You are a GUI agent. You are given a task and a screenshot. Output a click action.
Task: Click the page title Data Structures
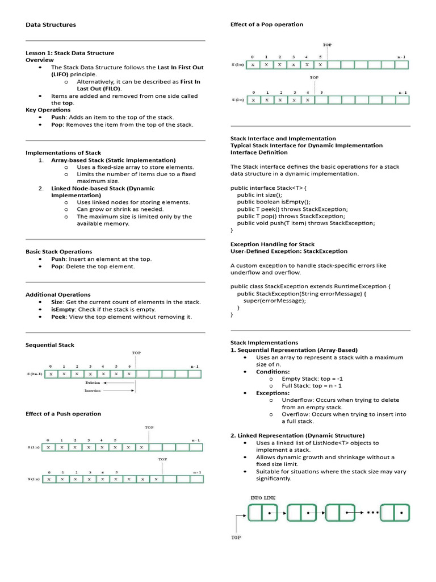(51, 25)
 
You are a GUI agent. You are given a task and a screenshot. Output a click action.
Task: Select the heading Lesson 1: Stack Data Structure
(70, 53)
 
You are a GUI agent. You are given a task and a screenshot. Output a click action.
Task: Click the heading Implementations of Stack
(64, 153)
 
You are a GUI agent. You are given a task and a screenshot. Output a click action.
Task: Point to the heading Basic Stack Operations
(59, 251)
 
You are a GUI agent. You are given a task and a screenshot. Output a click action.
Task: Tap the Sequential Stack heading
(50, 345)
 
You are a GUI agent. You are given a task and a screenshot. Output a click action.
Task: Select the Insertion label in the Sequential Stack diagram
(93, 391)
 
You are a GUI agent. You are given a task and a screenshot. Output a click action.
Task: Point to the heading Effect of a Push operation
(64, 414)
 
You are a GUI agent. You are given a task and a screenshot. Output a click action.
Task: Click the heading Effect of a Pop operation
(267, 24)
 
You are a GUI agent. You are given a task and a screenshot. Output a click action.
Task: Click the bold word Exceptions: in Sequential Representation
(272, 393)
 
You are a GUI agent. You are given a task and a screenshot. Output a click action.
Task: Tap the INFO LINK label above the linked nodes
(263, 497)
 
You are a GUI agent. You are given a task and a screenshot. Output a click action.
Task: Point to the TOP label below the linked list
(236, 537)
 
